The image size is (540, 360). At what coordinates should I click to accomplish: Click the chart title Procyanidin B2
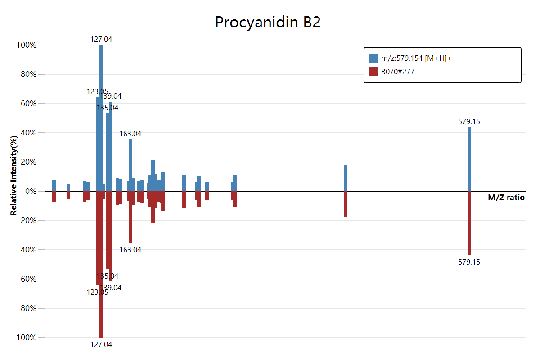268,22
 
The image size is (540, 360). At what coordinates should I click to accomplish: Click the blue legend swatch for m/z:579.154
373,58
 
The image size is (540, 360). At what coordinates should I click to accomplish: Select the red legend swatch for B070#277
373,72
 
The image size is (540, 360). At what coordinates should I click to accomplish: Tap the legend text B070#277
398,72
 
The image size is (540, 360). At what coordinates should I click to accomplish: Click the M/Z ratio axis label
506,198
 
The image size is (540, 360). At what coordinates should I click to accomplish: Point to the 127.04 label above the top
101,39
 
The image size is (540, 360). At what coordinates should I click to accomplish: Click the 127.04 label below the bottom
101,344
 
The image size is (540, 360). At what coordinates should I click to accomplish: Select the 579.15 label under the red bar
469,262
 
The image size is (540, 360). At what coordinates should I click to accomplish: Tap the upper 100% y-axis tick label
27,45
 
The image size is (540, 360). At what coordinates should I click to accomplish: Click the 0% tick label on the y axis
31,191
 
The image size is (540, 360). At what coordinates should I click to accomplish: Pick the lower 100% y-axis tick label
27,337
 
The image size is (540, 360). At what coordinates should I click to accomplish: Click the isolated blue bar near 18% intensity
346,178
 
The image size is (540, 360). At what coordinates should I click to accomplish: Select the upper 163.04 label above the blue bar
130,134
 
